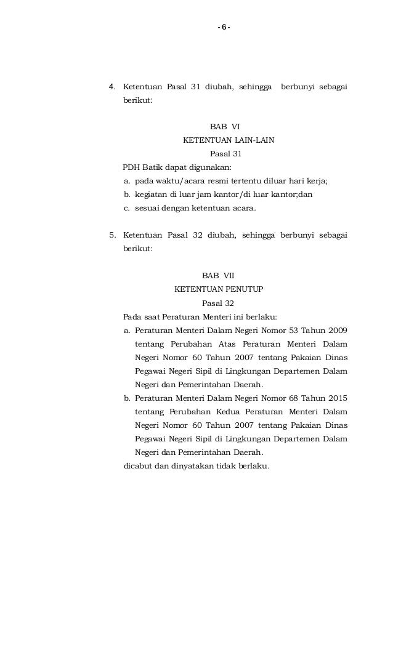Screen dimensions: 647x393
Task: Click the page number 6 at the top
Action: tap(224, 27)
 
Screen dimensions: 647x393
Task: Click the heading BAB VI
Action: tap(225, 127)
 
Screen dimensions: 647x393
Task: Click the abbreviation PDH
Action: tap(132, 167)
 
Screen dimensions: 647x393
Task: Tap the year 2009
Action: tap(336, 330)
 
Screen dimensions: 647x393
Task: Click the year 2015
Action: tap(336, 398)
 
